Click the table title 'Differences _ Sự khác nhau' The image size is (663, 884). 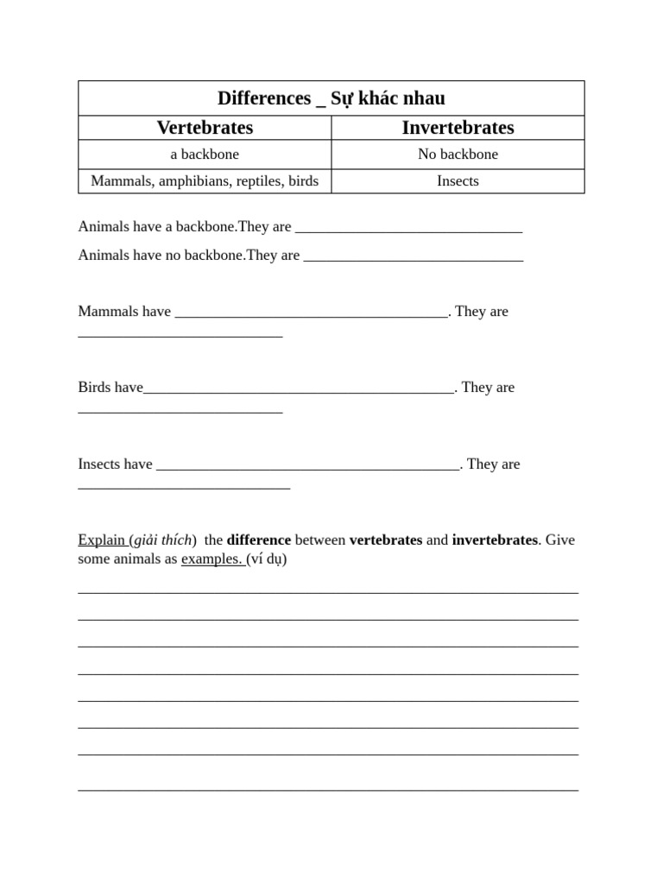coord(331,98)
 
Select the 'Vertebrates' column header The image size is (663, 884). coord(205,128)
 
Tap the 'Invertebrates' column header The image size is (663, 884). coord(458,128)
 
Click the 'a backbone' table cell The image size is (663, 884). coord(205,155)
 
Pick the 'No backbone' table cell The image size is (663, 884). coord(458,155)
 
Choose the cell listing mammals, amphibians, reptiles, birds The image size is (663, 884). coord(205,181)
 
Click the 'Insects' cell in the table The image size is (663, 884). coord(458,181)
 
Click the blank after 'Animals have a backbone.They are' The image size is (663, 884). coord(408,230)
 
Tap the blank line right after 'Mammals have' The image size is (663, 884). coord(311,314)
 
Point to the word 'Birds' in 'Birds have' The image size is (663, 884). coord(94,388)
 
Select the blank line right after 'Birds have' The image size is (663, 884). coord(299,390)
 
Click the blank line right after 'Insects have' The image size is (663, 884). coord(308,467)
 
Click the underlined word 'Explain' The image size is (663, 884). coord(101,540)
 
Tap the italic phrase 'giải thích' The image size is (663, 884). coord(163,540)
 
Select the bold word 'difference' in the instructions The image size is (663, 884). coord(259,540)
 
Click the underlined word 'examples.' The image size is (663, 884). coord(212,559)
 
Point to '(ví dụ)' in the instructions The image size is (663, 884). coord(267,559)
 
